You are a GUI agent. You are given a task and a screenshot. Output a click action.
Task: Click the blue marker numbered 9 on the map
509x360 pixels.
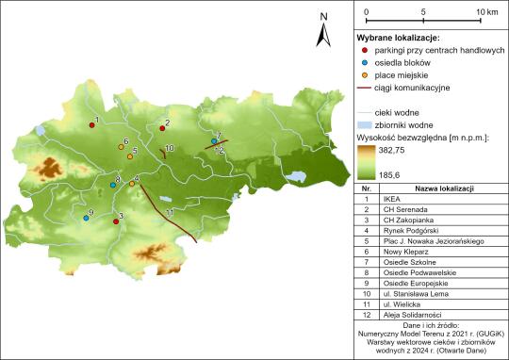click(86, 218)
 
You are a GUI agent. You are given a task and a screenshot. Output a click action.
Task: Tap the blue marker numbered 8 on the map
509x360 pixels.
click(112, 185)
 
